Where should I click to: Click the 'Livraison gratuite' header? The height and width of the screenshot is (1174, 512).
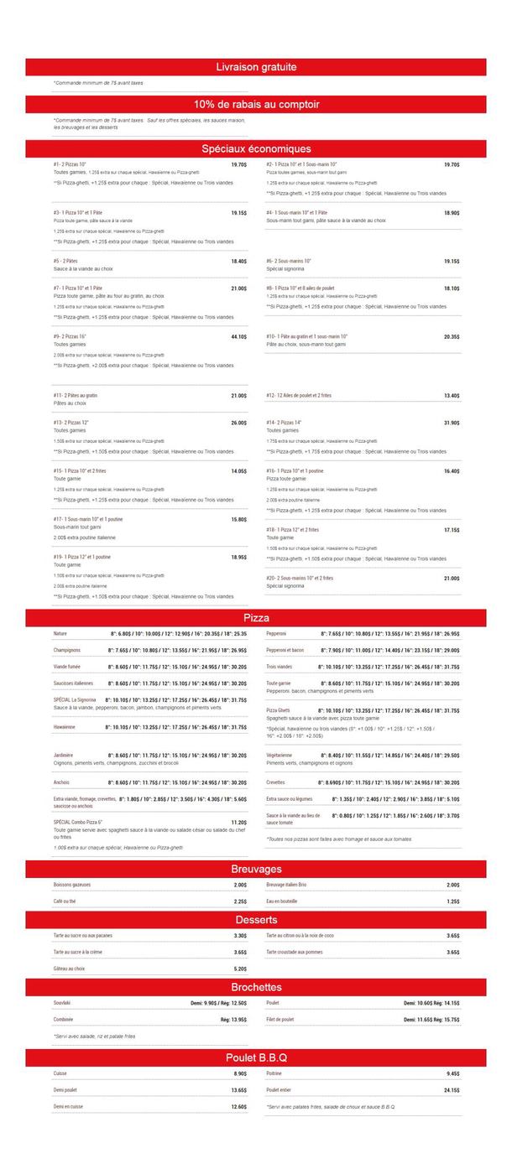click(x=256, y=67)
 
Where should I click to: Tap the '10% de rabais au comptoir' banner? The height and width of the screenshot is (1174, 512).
click(x=256, y=105)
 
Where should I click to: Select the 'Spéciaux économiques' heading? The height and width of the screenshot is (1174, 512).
click(x=256, y=148)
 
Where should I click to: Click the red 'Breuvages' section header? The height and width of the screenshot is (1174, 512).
click(x=256, y=869)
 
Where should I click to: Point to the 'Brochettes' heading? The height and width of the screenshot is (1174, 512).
click(x=256, y=987)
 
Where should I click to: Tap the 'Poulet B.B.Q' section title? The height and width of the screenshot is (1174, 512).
click(x=256, y=1057)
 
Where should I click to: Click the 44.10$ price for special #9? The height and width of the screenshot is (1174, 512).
click(x=238, y=337)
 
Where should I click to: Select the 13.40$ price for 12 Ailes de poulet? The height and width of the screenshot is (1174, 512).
click(x=452, y=396)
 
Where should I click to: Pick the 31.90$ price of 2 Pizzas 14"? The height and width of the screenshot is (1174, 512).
click(x=452, y=423)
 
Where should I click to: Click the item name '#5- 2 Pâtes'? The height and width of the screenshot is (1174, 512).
click(x=65, y=262)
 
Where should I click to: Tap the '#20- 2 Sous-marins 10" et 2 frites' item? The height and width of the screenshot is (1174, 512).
click(x=300, y=578)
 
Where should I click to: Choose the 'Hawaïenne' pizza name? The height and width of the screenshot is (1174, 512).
click(x=65, y=727)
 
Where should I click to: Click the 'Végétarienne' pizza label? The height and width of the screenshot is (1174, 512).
click(x=280, y=755)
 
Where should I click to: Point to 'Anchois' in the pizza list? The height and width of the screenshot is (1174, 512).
click(x=61, y=782)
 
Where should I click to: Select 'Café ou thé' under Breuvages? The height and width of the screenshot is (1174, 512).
click(x=65, y=901)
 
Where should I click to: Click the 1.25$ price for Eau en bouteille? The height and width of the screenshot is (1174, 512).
click(x=452, y=901)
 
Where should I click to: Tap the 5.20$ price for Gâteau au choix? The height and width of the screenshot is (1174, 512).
click(x=239, y=969)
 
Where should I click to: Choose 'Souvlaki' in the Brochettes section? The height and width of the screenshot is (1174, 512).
click(x=62, y=1003)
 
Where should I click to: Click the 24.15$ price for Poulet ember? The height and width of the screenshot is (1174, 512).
click(x=452, y=1090)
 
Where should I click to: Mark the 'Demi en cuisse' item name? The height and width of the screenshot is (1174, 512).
click(x=68, y=1107)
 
